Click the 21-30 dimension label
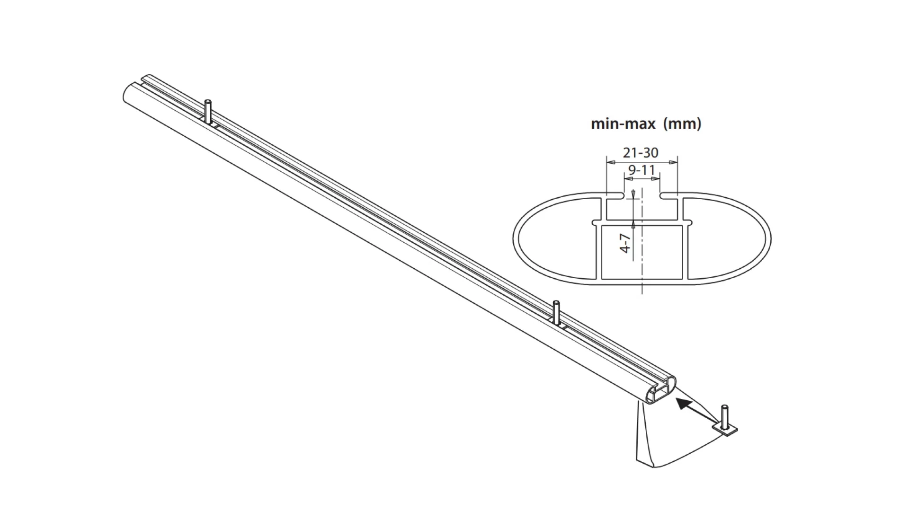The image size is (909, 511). click(641, 153)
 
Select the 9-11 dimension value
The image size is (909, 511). click(642, 170)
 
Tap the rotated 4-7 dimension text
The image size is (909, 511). click(626, 243)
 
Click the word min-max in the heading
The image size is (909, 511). click(623, 124)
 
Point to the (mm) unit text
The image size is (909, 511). click(682, 124)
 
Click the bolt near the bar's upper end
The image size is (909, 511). click(207, 112)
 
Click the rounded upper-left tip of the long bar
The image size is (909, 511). click(127, 92)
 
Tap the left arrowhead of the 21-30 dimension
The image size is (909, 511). click(610, 162)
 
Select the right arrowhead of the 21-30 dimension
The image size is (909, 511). click(674, 162)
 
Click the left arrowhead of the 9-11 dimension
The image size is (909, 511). click(628, 179)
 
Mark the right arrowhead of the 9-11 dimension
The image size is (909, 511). click(656, 179)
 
